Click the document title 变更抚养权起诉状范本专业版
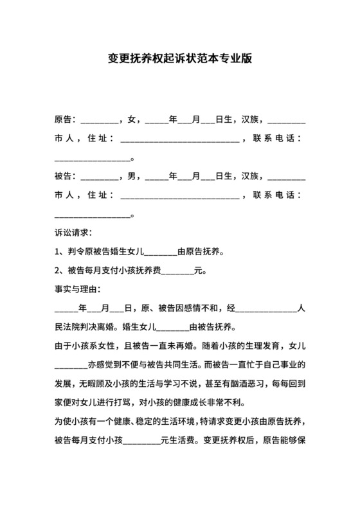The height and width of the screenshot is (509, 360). pos(179,58)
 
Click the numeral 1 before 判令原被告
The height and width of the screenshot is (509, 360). pos(58,251)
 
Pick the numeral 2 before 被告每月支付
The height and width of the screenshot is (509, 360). pos(58,270)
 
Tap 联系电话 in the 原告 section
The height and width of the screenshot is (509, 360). pos(278,138)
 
